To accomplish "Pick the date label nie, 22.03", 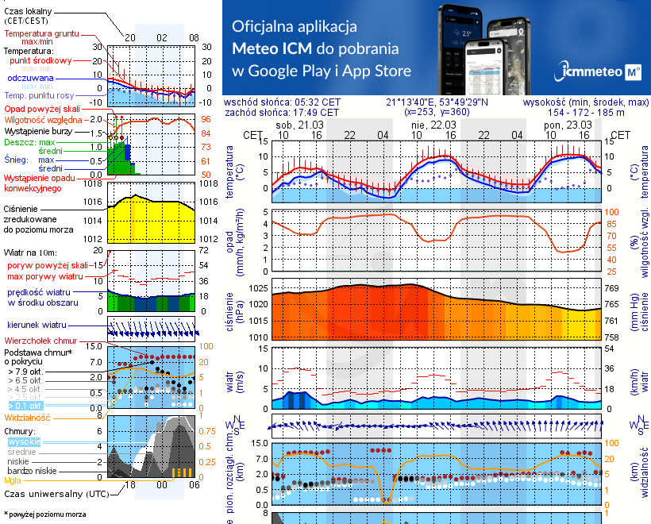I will [433, 125].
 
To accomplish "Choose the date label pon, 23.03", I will [568, 125].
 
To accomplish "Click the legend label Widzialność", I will [28, 417].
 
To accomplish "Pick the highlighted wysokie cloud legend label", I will [23, 441].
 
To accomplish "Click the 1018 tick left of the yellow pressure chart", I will [94, 183].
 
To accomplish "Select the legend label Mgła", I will [12, 480].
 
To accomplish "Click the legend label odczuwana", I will [30, 79].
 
